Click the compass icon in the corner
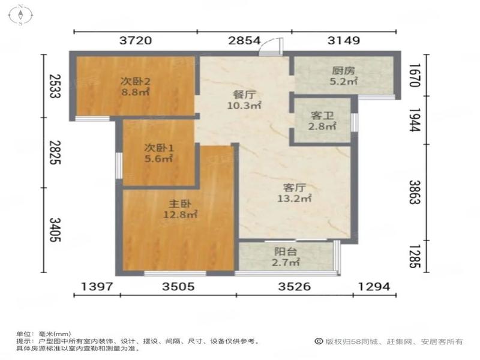click(x=20, y=14)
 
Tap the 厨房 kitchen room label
click(x=343, y=71)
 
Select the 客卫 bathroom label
click(x=322, y=115)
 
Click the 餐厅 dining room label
click(x=244, y=95)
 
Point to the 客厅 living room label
click(x=294, y=187)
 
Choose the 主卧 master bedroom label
click(x=180, y=203)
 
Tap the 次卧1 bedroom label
click(x=159, y=148)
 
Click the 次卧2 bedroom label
click(x=136, y=81)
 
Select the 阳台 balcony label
click(x=286, y=251)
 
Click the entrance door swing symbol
click(x=271, y=47)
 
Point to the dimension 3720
click(x=136, y=40)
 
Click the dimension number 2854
click(x=244, y=40)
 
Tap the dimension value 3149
click(x=344, y=40)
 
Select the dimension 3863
click(x=415, y=192)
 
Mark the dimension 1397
click(x=97, y=287)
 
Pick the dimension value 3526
click(x=294, y=287)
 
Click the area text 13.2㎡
click(x=294, y=199)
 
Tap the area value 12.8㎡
click(x=180, y=214)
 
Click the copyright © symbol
click(x=319, y=341)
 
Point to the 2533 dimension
click(x=55, y=86)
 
